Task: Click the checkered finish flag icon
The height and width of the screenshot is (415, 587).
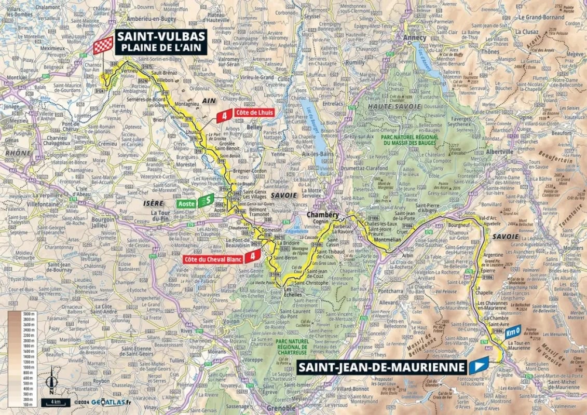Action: (x=103, y=45)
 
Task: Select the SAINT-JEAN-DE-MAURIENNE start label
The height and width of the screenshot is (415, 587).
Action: (x=381, y=367)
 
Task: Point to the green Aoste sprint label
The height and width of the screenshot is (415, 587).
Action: (x=194, y=203)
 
